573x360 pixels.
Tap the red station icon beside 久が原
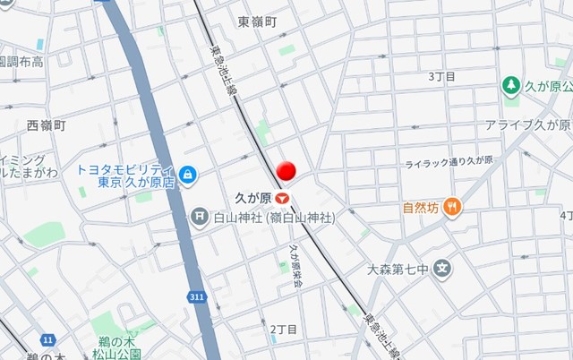click(x=283, y=196)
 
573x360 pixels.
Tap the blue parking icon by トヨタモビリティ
click(x=188, y=173)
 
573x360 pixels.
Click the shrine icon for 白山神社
click(x=200, y=217)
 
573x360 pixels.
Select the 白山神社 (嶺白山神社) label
click(x=274, y=217)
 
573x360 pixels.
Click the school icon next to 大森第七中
click(x=442, y=268)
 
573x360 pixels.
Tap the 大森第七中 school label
click(x=398, y=268)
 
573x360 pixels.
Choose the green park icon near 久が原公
click(x=511, y=85)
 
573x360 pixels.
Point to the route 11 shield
click(x=47, y=340)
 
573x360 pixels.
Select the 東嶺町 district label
click(x=258, y=21)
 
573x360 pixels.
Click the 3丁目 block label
click(x=442, y=77)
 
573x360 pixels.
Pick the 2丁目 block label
click(x=284, y=330)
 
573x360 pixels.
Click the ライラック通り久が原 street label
click(x=449, y=161)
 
